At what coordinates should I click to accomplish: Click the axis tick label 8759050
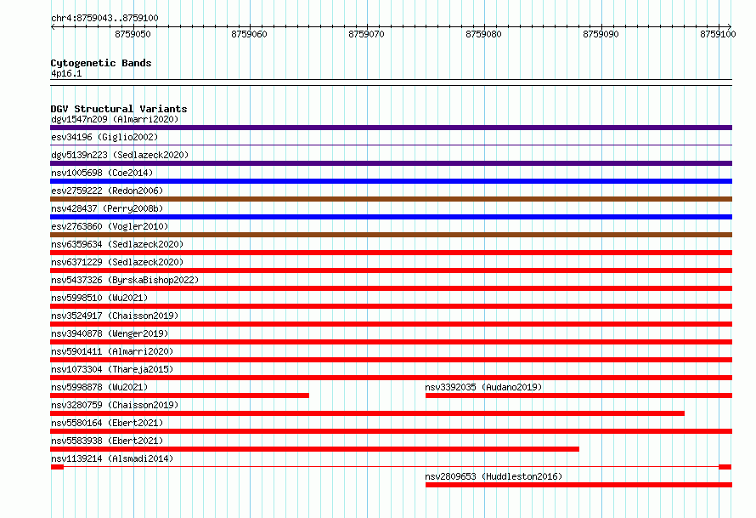pos(133,34)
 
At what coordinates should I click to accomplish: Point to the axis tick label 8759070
pos(366,34)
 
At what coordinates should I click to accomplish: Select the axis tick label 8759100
pos(718,34)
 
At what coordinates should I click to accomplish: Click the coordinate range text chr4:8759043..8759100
pos(104,18)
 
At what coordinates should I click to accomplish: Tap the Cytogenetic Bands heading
pos(101,63)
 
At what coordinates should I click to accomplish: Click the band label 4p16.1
pos(66,73)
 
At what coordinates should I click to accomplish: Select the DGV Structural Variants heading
pos(119,109)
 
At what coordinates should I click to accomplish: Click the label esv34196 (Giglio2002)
pos(104,137)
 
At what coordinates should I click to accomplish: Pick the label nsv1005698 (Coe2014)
pos(102,173)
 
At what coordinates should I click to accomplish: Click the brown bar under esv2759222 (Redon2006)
pos(391,199)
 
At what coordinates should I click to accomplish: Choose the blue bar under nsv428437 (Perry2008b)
pos(391,217)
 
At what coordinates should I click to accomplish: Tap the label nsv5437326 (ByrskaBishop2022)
pos(125,280)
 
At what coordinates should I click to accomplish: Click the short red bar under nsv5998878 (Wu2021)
pos(179,396)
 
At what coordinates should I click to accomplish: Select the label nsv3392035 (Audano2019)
pos(483,387)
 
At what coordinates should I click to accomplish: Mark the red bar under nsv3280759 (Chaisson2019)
pos(368,413)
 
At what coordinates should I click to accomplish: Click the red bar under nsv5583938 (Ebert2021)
pos(314,449)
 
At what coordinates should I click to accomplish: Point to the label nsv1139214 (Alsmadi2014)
pos(112,458)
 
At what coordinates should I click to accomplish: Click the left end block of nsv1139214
pos(57,467)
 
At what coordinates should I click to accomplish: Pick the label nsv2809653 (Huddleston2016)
pos(494,476)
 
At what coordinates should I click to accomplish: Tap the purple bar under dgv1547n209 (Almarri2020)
pos(391,128)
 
